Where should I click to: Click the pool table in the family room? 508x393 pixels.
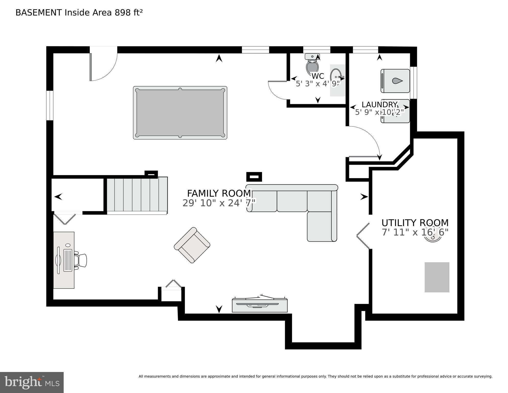[x=180, y=113]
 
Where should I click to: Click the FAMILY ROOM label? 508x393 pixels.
[x=219, y=193]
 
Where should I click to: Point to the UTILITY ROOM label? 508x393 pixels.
[x=415, y=223]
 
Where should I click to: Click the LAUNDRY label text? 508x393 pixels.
[x=379, y=104]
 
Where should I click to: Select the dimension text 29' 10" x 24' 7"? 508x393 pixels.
[x=219, y=203]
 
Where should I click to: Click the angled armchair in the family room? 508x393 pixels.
[x=192, y=245]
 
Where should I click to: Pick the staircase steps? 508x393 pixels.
[x=137, y=195]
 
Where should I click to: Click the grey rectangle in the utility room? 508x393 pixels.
[x=437, y=277]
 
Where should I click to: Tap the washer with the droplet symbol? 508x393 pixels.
[x=395, y=81]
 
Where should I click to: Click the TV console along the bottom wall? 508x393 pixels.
[x=259, y=305]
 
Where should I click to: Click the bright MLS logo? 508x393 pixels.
[x=32, y=383]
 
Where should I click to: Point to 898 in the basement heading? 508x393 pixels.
[x=122, y=13]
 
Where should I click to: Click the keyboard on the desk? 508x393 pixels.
[x=68, y=260]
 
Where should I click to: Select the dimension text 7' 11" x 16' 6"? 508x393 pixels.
[x=415, y=232]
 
